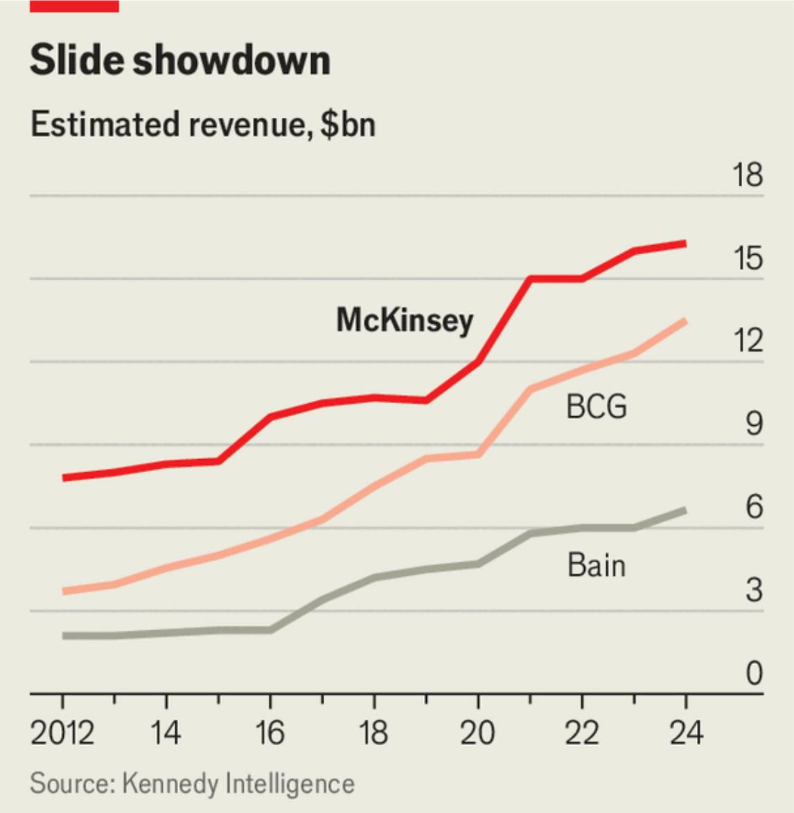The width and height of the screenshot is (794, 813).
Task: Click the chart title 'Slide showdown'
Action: pos(180,60)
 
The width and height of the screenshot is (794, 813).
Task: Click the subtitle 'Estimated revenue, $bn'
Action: pos(203,125)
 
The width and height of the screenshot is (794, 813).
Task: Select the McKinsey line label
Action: pos(405,320)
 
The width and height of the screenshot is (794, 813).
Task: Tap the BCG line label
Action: pos(596,406)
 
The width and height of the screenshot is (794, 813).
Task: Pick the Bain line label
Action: pos(596,565)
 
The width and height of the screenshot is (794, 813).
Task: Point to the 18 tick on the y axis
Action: pos(748,175)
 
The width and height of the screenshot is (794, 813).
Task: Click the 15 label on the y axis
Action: pos(748,258)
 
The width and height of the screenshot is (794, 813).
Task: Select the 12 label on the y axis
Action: pos(748,341)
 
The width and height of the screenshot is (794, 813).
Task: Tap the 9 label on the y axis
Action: pos(754,424)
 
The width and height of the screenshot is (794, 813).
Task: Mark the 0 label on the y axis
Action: pos(754,673)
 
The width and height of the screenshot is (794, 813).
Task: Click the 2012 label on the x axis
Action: pos(62,732)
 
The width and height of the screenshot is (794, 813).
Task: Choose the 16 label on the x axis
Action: pos(270,732)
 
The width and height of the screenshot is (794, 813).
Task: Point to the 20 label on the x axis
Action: pos(478,732)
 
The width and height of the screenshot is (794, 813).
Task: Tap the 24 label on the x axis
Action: pos(686,732)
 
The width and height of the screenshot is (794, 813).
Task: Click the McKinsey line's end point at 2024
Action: pos(685,244)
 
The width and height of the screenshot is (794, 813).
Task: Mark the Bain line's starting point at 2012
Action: pos(64,636)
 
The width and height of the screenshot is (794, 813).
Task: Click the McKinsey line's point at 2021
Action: pos(530,279)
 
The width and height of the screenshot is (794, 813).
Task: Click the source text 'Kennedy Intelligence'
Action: pos(238,783)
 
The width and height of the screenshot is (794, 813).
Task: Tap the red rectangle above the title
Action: pos(74,6)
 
